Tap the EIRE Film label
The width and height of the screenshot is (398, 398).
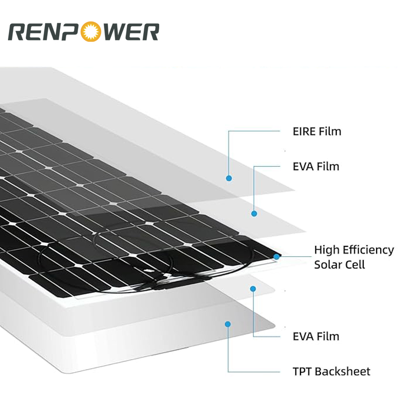click(x=317, y=132)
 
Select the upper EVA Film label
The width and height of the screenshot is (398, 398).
click(x=316, y=166)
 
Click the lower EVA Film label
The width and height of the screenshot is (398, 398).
click(x=316, y=336)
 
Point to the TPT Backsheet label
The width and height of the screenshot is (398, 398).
click(x=331, y=372)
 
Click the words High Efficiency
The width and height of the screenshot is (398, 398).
click(x=354, y=250)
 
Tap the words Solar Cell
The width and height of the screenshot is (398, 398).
click(x=339, y=265)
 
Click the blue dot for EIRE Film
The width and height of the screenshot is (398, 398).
click(x=229, y=178)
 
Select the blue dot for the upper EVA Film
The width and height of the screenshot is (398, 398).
click(x=254, y=213)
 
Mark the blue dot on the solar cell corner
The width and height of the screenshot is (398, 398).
click(x=277, y=257)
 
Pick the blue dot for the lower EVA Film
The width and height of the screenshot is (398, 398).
click(x=253, y=289)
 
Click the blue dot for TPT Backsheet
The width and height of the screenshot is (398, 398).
click(x=228, y=324)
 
